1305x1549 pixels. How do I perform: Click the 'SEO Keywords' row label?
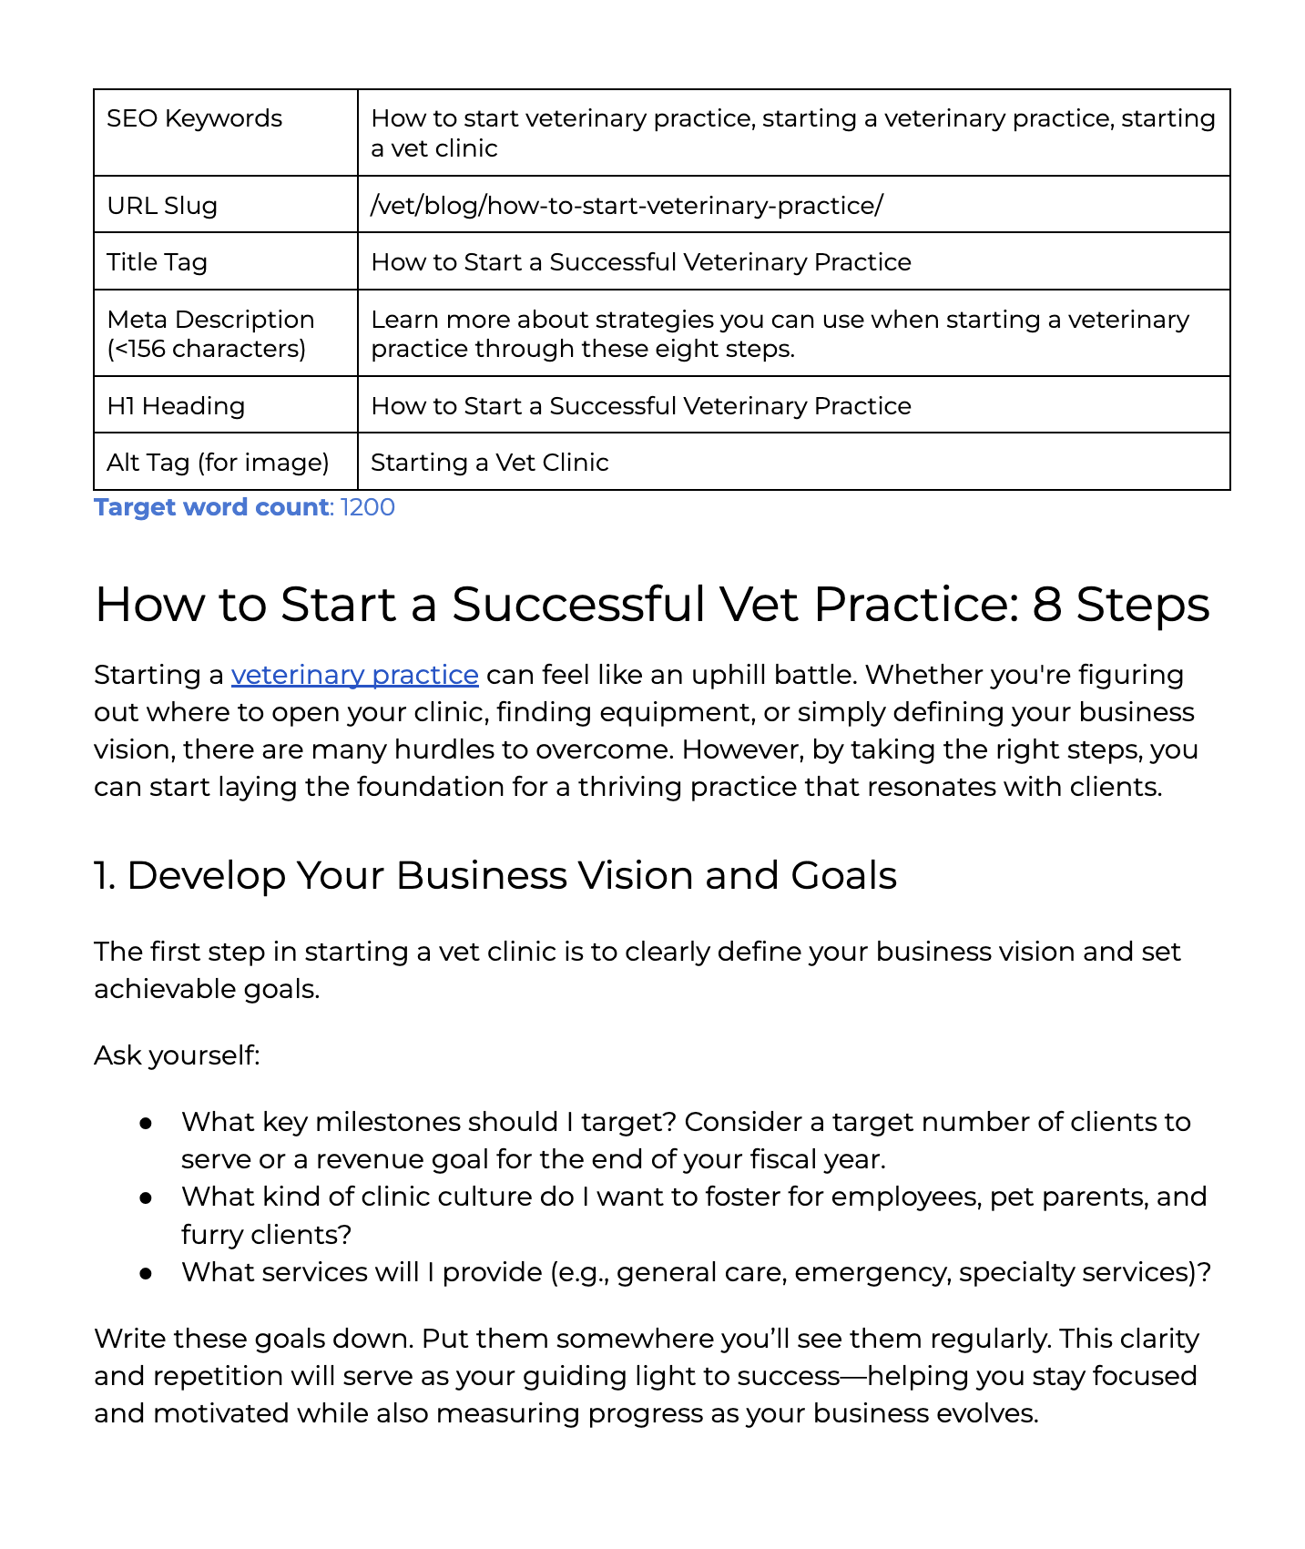coord(194,118)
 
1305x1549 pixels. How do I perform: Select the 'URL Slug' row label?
coord(162,206)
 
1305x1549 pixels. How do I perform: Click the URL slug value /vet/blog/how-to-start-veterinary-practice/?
coord(627,206)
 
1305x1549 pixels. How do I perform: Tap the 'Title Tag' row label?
coord(157,262)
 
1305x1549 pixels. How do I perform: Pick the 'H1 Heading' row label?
coord(176,406)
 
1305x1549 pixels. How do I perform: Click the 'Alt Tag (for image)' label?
coord(218,463)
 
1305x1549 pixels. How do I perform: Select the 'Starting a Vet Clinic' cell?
coord(489,463)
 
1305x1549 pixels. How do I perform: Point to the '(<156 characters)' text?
coord(206,349)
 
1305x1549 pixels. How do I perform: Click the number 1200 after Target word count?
coord(368,507)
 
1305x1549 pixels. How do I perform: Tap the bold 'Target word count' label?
coord(211,507)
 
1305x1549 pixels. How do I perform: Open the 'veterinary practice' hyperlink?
coord(354,675)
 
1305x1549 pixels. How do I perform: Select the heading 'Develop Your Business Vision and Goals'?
coord(512,876)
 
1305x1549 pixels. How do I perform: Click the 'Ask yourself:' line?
coord(177,1055)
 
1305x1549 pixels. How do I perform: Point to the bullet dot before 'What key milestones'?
coord(145,1123)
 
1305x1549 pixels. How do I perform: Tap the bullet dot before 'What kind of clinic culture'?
coord(145,1197)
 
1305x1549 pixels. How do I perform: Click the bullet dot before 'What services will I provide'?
coord(145,1272)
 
